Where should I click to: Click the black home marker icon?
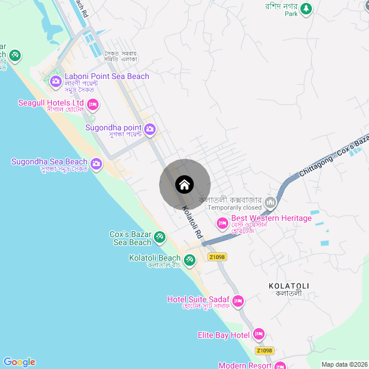click(184, 184)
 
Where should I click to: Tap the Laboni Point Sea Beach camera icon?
click(56, 81)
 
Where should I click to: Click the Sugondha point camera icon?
click(150, 129)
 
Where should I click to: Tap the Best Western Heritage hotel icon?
click(222, 223)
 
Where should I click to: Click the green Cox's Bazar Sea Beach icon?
click(160, 236)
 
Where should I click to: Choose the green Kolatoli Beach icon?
click(189, 259)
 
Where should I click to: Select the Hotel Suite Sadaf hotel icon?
click(238, 301)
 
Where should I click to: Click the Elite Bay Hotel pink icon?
click(259, 334)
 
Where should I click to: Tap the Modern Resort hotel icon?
click(280, 366)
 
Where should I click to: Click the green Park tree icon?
click(306, 8)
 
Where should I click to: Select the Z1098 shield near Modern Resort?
click(264, 351)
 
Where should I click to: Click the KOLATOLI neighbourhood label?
click(289, 286)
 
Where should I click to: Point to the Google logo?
click(19, 362)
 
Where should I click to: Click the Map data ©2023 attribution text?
click(344, 364)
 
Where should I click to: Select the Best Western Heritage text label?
click(271, 219)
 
